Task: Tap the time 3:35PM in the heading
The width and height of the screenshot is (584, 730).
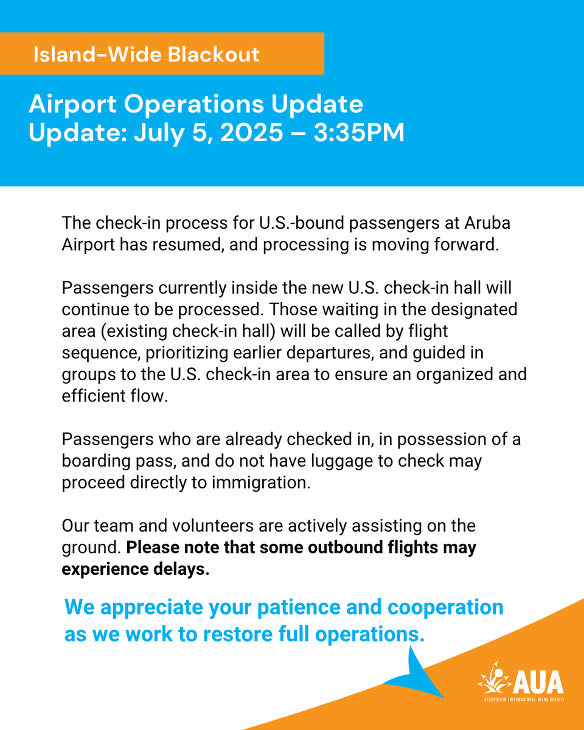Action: (359, 133)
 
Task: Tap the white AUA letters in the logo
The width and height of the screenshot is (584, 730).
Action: (538, 682)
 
